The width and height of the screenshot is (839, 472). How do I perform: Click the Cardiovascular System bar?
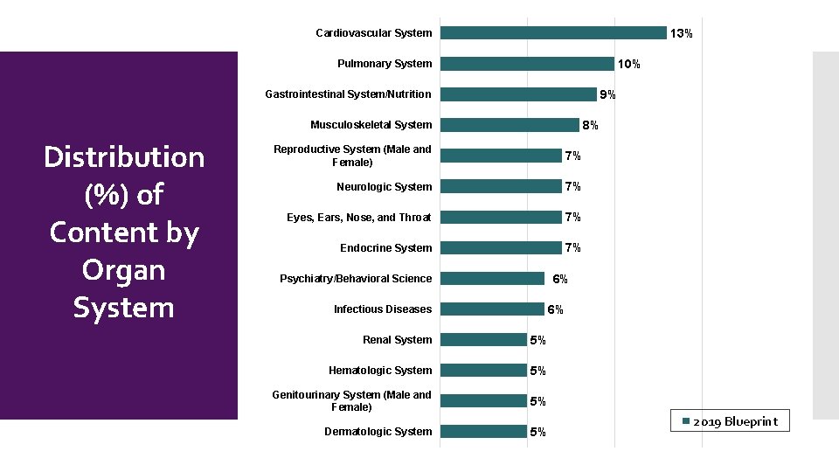point(552,33)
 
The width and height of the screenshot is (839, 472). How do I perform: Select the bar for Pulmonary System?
point(526,64)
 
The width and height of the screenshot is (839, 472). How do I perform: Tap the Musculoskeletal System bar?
point(509,125)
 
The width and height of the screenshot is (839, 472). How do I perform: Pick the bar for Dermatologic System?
point(482,431)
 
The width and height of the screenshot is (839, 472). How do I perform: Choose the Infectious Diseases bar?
point(491,309)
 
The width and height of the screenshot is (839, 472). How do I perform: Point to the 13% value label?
point(681,33)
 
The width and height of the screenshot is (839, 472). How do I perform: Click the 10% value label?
point(628,64)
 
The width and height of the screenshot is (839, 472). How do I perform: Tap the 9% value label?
point(607,94)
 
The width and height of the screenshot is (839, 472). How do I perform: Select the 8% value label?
point(590,125)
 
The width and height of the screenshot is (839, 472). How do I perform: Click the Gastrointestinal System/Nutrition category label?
point(348,94)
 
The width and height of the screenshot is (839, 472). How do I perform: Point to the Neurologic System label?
point(384,186)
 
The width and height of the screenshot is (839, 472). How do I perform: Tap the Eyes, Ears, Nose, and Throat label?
point(359,217)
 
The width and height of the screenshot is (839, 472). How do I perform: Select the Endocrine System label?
point(385,247)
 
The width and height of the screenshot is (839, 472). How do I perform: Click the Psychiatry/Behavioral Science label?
point(356,278)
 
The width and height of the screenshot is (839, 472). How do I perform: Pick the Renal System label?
point(397,339)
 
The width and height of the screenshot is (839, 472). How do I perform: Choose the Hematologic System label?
point(380,370)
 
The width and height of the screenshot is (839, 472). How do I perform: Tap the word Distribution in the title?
point(124,157)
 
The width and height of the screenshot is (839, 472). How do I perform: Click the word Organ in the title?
point(124,270)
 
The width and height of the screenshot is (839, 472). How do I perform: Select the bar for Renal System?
point(482,339)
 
